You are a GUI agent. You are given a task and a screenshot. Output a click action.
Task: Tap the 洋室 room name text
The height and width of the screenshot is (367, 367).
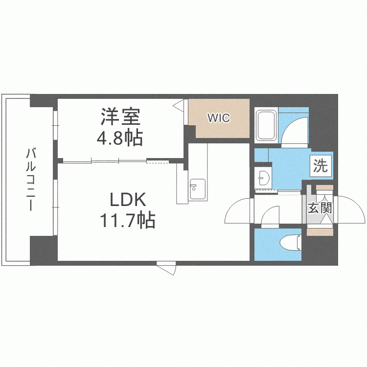point(121,117)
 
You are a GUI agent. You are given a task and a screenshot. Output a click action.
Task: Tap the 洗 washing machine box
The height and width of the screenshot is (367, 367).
point(321,166)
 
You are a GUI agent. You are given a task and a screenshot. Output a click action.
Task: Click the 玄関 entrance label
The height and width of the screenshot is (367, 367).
point(320,207)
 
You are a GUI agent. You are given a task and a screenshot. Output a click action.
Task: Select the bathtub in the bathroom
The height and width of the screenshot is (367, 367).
point(267,126)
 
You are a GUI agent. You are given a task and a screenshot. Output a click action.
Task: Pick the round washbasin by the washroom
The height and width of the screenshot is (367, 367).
point(264,177)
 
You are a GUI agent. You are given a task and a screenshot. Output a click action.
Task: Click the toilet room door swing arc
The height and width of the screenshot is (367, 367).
point(271,217)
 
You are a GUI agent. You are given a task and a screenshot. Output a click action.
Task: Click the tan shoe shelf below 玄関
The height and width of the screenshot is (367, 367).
point(320,231)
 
